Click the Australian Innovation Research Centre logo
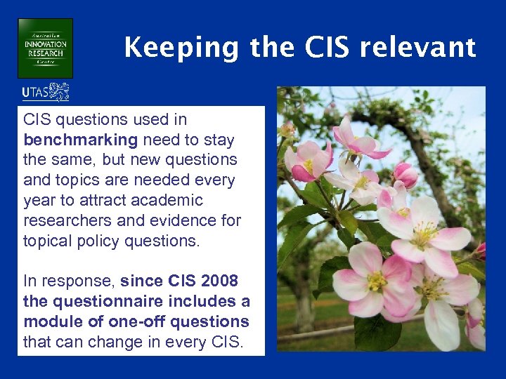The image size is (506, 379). (x=46, y=48)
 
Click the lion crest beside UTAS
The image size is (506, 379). (x=59, y=92)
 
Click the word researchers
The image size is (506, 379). (x=64, y=220)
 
